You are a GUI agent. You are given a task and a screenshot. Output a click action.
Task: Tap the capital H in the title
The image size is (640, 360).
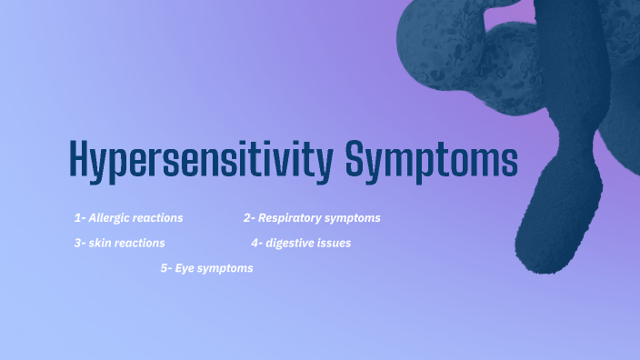(81, 159)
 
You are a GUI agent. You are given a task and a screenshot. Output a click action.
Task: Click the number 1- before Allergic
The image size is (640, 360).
(80, 218)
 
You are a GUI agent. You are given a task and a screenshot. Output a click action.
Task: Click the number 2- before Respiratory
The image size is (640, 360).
(249, 218)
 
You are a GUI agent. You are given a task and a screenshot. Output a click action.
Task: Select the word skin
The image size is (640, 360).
(101, 244)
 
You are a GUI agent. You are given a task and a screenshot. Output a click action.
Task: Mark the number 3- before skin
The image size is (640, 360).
(80, 244)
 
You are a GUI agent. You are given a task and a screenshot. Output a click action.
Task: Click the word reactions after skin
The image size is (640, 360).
(140, 244)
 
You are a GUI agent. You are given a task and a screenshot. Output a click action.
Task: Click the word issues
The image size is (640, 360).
(335, 244)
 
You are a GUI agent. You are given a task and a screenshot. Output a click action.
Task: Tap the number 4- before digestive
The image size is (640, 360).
(256, 244)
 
